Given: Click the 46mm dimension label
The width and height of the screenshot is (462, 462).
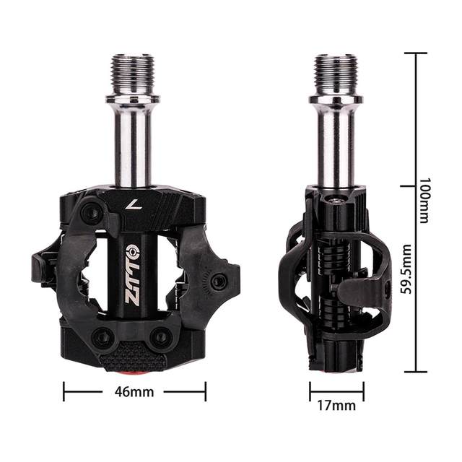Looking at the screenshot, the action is pyautogui.click(x=134, y=392).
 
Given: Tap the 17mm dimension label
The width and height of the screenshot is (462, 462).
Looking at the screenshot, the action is pyautogui.click(x=336, y=406).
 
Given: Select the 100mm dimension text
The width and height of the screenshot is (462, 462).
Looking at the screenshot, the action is pyautogui.click(x=425, y=200).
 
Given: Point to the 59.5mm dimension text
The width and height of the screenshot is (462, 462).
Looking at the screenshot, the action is pyautogui.click(x=406, y=269).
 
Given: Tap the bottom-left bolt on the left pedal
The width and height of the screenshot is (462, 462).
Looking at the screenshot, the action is pyautogui.click(x=103, y=337).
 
